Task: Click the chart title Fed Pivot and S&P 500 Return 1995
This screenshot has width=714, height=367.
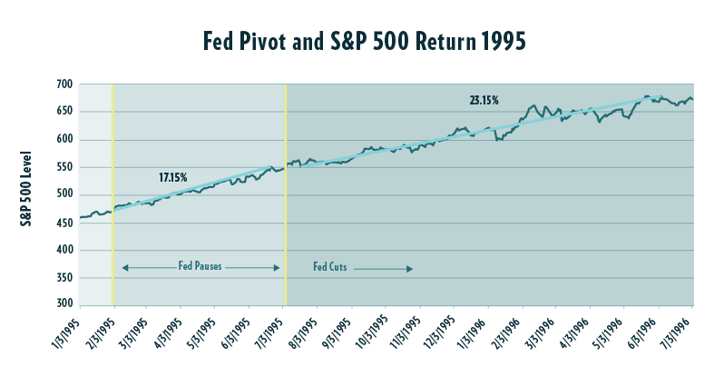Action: pyautogui.click(x=357, y=41)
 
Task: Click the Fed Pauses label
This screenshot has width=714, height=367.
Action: pyautogui.click(x=200, y=268)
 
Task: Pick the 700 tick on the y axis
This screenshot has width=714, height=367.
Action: pyautogui.click(x=64, y=84)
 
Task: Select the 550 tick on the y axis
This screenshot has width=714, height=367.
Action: pyautogui.click(x=64, y=167)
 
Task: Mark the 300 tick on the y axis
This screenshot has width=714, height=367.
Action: pyautogui.click(x=64, y=304)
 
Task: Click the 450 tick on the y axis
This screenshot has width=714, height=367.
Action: pyautogui.click(x=64, y=222)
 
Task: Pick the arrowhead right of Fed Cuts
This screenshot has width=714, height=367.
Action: pyautogui.click(x=411, y=269)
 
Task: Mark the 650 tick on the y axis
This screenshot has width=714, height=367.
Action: pyautogui.click(x=64, y=112)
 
